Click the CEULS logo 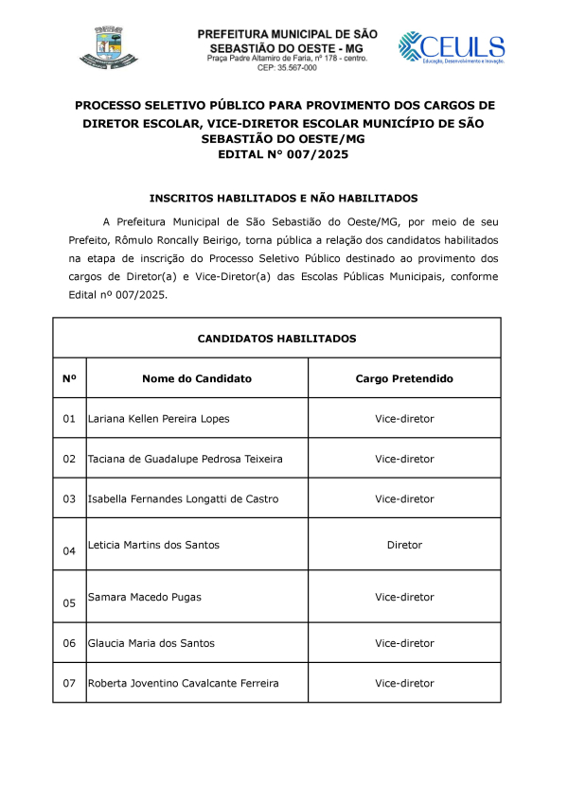point(451,47)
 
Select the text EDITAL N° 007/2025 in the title point(283,154)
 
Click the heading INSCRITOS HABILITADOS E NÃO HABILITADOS point(283,199)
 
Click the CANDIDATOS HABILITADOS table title point(276,338)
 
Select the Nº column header point(69,378)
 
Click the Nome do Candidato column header point(197,378)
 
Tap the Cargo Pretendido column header point(404,378)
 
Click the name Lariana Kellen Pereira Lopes point(158,418)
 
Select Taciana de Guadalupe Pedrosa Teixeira point(185,459)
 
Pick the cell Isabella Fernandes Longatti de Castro point(183,498)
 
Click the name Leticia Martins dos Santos point(152,545)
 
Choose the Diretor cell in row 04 point(404,545)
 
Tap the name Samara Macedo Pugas point(144,597)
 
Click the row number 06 point(69,643)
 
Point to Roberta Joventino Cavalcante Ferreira point(183,683)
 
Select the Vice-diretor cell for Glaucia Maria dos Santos point(404,643)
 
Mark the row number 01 point(69,418)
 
